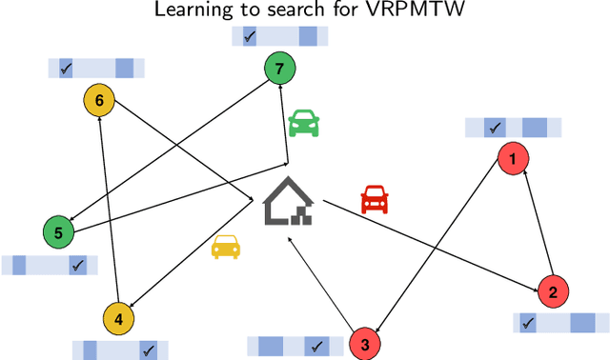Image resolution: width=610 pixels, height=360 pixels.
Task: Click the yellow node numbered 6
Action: [99, 99]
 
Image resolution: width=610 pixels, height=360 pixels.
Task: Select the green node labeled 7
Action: [279, 69]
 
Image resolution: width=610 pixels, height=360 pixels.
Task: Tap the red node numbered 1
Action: [514, 158]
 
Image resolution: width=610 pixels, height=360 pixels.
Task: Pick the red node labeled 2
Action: [552, 291]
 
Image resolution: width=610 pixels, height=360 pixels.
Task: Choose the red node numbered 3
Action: [365, 343]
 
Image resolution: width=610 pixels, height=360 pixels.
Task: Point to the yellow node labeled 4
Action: [118, 320]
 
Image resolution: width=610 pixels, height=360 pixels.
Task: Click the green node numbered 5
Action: [58, 231]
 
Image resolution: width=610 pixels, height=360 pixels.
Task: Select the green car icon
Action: [304, 121]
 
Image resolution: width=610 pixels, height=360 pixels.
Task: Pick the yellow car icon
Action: [227, 246]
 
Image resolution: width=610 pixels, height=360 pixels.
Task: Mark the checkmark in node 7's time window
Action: [250, 36]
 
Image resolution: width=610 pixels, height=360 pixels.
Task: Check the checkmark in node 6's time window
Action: [66, 69]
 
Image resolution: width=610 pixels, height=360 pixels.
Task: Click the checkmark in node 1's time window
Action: [495, 127]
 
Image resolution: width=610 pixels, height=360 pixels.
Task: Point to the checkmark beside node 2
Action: [527, 324]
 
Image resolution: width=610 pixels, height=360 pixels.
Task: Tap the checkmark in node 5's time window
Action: [78, 265]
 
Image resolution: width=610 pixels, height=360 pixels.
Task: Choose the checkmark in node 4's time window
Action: [148, 350]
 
